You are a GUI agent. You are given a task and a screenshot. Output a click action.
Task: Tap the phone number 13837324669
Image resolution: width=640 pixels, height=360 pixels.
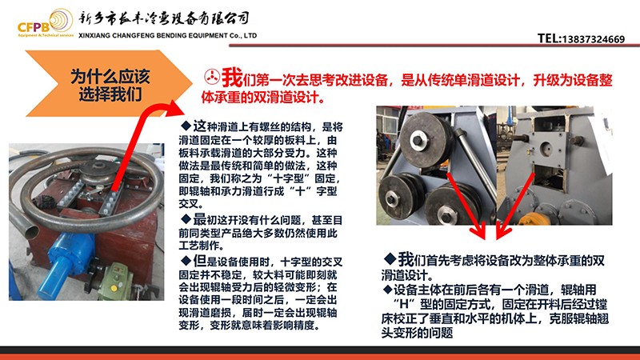(x=594, y=39)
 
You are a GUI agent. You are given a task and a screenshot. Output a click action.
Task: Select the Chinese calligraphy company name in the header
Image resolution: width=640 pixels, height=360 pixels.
(x=164, y=18)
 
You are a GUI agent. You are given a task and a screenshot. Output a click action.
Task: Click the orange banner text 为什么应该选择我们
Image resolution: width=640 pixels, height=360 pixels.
(x=110, y=85)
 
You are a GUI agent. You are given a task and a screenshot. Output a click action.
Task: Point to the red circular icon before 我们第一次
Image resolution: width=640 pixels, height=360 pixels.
(x=212, y=76)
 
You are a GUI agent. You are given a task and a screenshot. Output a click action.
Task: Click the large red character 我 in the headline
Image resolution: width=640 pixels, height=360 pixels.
(x=232, y=77)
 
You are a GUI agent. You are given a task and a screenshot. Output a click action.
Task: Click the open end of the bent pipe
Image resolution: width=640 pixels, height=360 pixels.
(x=30, y=232)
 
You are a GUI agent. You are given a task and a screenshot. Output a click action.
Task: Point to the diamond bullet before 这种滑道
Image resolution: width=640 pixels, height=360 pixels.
(x=186, y=126)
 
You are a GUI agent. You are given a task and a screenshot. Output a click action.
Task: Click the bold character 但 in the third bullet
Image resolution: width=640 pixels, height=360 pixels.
(x=199, y=261)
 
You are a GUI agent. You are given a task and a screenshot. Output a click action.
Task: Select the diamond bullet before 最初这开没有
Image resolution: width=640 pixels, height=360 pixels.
(x=186, y=219)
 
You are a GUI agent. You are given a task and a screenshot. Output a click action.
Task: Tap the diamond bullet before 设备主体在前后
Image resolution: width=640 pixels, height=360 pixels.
(x=387, y=290)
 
